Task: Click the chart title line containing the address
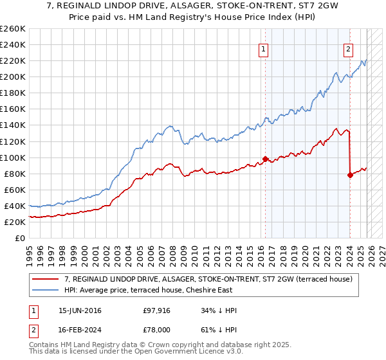pyautogui.click(x=192, y=5)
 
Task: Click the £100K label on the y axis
pyautogui.click(x=13, y=157)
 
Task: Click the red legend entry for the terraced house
pyautogui.click(x=208, y=280)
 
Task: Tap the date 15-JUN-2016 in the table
pyautogui.click(x=80, y=310)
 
